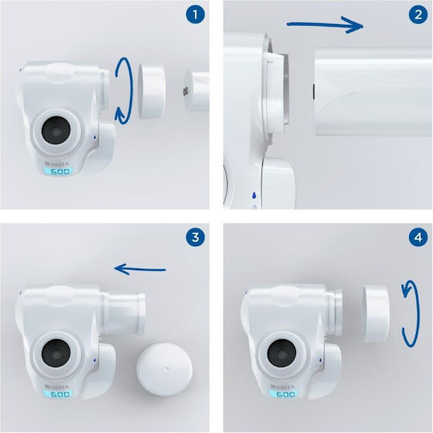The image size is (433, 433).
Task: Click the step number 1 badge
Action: tap(195, 14)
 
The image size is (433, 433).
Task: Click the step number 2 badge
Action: tap(418, 14)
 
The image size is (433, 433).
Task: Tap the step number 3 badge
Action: tap(195, 237)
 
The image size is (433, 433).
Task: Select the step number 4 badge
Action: tap(418, 237)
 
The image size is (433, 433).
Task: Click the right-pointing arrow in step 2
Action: tap(326, 25)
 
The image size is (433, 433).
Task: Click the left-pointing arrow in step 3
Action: tap(140, 269)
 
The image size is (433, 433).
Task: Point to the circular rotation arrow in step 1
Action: tap(132, 91)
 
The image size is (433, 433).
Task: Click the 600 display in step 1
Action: tap(59, 172)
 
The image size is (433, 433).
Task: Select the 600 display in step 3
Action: tap(59, 394)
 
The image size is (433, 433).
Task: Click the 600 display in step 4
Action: tap(285, 394)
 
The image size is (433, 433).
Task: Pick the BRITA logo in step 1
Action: tap(57, 164)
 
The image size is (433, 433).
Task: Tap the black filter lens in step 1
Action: tap(56, 131)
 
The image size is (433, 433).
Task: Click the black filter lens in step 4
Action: tap(281, 353)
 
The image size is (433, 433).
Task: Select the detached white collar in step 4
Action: tap(376, 314)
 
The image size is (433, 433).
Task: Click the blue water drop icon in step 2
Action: tap(253, 195)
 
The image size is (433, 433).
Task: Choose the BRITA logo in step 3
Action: tap(57, 386)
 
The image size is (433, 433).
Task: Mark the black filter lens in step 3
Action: tap(56, 353)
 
